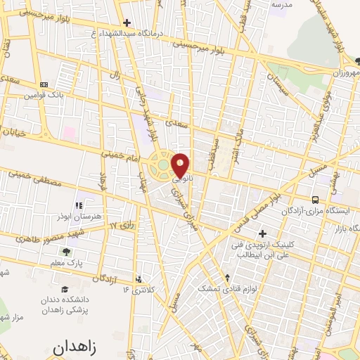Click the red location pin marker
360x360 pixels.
coord(181,165)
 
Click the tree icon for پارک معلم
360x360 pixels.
coord(66,251)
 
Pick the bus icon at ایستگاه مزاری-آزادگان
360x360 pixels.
coord(315,199)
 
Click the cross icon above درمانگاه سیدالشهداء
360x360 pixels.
coord(127,22)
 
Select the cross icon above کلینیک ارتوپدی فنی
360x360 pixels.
coord(263,233)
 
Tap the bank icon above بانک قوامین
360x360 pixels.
coord(44,84)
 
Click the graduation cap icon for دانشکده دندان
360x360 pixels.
coord(65,289)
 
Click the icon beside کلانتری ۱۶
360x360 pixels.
coord(139,279)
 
